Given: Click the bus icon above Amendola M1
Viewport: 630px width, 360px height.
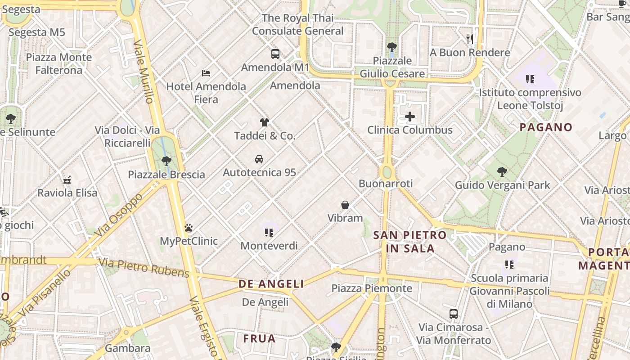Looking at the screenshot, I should tap(275, 54).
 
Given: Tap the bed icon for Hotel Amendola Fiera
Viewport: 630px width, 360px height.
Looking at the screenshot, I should tap(206, 73).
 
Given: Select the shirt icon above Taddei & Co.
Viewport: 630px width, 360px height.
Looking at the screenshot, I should tap(264, 122).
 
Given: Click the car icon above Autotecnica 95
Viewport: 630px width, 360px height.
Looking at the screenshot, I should tap(259, 159).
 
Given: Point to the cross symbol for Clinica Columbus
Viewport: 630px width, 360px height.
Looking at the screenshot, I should tap(410, 117).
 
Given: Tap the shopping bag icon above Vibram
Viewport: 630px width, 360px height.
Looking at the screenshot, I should tap(345, 205).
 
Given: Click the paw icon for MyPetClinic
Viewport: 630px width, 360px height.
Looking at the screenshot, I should tap(189, 228).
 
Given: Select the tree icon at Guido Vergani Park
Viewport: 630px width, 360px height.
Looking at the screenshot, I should tap(502, 172).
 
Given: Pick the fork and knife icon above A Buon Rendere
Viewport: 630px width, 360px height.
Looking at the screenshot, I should tap(470, 39).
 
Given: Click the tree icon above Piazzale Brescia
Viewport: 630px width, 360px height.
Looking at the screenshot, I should tap(166, 161).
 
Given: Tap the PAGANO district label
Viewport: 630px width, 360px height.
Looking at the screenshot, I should tap(546, 127).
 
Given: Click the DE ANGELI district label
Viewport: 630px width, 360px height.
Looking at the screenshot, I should tap(271, 284).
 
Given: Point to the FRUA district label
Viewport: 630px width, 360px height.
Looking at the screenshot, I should tap(259, 339).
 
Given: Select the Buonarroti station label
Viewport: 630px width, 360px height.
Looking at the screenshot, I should tap(386, 184).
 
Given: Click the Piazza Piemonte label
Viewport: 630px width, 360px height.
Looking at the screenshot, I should tap(372, 288).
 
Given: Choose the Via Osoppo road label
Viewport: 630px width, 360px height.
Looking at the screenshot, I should tap(118, 215).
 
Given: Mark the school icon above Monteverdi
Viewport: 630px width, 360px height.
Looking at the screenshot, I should tap(269, 233).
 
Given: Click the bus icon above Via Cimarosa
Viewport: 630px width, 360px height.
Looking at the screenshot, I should tap(454, 314).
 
